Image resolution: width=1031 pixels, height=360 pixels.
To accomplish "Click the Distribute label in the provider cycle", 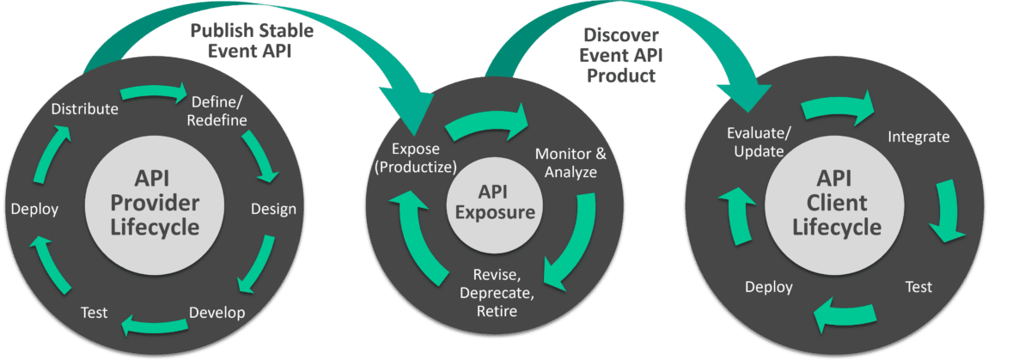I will click(84, 109).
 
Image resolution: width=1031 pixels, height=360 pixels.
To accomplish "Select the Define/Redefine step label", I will click(219, 109).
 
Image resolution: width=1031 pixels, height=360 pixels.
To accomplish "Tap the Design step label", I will click(273, 209).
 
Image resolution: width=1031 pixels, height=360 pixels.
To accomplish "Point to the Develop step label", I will click(216, 311).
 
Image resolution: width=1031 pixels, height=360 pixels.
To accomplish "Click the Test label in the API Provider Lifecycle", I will click(94, 312).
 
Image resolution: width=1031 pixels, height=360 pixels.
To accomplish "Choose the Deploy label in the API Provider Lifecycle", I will click(34, 209).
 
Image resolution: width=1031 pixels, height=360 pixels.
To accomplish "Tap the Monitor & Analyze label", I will click(570, 163).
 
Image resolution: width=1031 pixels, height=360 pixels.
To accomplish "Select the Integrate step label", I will click(918, 137).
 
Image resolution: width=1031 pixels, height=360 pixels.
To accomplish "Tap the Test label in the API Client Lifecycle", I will click(918, 287).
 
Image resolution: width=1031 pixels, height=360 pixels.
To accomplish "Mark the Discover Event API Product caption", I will click(620, 55).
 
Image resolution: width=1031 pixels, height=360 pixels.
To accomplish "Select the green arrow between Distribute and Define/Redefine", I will click(155, 92).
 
